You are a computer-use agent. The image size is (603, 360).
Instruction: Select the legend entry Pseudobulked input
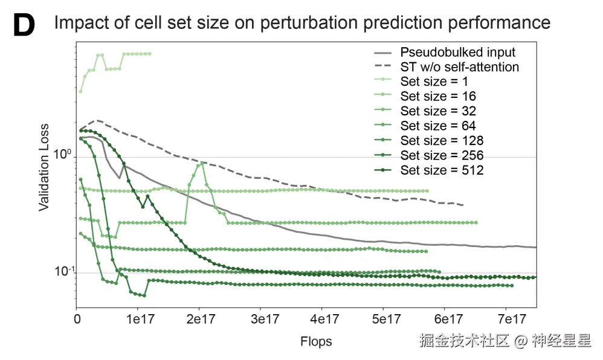tap(457, 52)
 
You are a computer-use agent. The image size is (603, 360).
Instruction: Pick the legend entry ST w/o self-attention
tap(459, 66)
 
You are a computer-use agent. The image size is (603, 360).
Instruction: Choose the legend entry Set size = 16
tap(437, 96)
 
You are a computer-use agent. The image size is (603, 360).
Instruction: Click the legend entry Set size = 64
tap(437, 126)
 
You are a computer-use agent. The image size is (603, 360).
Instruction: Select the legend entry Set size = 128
tap(441, 141)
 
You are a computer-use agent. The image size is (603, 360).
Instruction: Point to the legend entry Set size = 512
tap(441, 170)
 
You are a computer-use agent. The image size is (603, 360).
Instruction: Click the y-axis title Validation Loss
tap(44, 168)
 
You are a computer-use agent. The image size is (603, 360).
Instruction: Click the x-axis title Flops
tap(316, 342)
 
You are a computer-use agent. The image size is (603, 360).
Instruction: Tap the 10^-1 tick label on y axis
tap(63, 271)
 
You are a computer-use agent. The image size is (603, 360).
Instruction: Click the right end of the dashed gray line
tap(463, 205)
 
